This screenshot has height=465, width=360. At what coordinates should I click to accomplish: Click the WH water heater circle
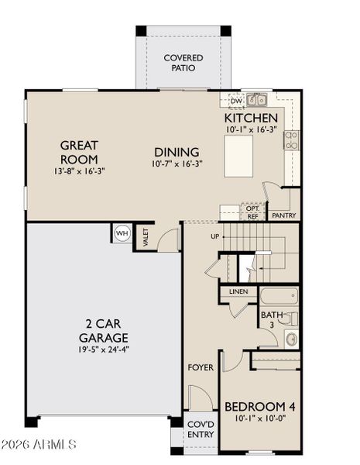122,233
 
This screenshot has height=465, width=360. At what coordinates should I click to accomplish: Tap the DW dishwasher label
236,101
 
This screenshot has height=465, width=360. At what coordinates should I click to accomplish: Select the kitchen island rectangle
238,157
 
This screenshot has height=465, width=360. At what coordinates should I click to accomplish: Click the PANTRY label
283,215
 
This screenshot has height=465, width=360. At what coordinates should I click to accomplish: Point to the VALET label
145,237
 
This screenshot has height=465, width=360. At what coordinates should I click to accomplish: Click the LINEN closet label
238,292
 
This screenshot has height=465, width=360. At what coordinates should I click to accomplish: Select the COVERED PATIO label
183,63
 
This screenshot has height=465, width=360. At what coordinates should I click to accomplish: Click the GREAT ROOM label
78,151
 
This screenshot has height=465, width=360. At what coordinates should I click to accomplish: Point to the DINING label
177,152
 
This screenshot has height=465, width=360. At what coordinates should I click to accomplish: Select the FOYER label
201,367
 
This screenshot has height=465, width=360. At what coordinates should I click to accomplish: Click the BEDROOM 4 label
260,407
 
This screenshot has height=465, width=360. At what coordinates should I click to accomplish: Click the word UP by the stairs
216,236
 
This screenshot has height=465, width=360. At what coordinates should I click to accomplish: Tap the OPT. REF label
252,212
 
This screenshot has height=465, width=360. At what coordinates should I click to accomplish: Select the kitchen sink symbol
257,100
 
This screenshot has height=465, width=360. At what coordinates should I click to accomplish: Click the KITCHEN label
251,117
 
